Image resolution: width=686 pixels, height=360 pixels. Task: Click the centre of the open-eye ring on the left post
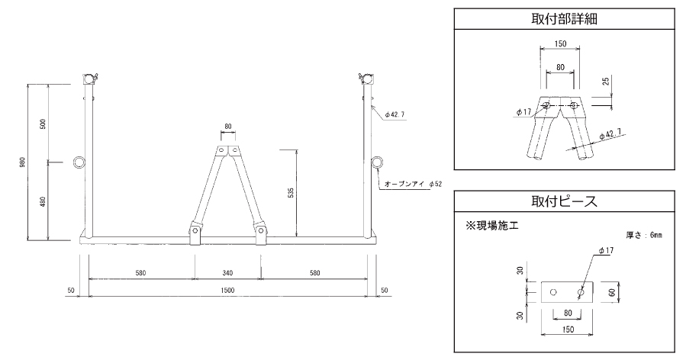point(80,162)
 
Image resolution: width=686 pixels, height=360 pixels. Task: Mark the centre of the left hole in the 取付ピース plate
point(553,292)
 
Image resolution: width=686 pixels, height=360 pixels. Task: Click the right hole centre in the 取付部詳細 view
point(574,105)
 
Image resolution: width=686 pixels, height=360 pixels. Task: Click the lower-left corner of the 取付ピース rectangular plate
point(542,303)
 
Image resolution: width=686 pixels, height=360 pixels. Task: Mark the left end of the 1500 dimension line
point(89,296)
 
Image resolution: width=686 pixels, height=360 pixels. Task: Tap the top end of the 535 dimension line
point(297,149)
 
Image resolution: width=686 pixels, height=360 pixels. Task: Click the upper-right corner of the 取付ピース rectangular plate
point(594,281)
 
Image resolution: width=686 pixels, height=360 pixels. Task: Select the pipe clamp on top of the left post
point(89,79)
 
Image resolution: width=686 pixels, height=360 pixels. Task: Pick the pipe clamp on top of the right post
point(366,79)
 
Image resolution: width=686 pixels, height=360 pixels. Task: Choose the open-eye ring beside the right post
point(378,162)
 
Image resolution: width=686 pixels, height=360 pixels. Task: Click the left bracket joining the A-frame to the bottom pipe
point(195,234)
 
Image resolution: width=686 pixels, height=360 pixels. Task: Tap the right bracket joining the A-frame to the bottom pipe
point(261,234)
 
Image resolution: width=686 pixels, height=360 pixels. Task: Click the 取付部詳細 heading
point(564,19)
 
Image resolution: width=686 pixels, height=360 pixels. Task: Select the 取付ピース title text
point(564,201)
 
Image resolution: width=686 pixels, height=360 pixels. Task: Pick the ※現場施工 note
point(491,226)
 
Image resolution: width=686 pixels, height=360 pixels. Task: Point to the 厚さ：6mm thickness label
point(644,236)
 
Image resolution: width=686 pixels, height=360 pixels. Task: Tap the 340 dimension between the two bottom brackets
point(227,273)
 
